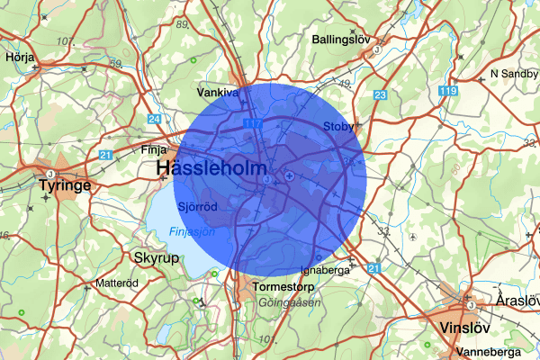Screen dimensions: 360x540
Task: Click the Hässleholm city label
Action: pyautogui.click(x=211, y=168)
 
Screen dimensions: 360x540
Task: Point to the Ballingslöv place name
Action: pyautogui.click(x=342, y=40)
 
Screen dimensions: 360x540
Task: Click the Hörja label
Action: pyautogui.click(x=19, y=55)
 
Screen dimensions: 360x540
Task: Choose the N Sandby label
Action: pyautogui.click(x=513, y=73)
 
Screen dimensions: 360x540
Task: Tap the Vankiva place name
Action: pyautogui.click(x=217, y=92)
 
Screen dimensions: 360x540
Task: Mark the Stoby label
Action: pyautogui.click(x=338, y=128)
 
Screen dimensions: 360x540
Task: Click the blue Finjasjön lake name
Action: pyautogui.click(x=192, y=232)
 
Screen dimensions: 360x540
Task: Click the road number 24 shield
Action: pyautogui.click(x=155, y=119)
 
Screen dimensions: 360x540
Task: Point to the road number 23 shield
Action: pyautogui.click(x=380, y=95)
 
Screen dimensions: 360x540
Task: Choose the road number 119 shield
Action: pyautogui.click(x=450, y=90)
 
